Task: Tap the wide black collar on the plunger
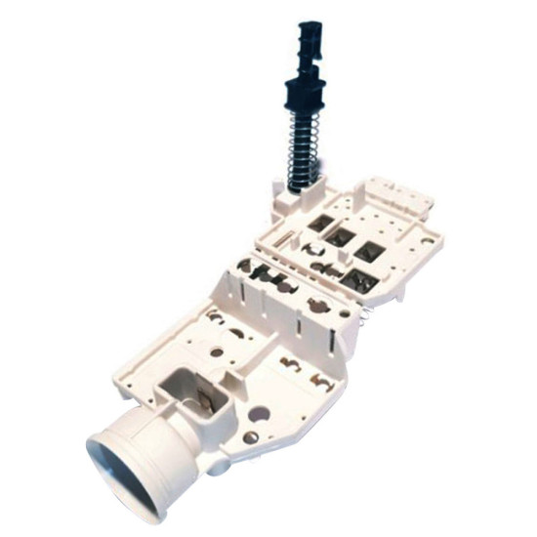pyautogui.click(x=306, y=94)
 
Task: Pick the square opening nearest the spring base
pyautogui.click(x=319, y=224)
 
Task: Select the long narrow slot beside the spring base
pyautogui.click(x=277, y=235)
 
